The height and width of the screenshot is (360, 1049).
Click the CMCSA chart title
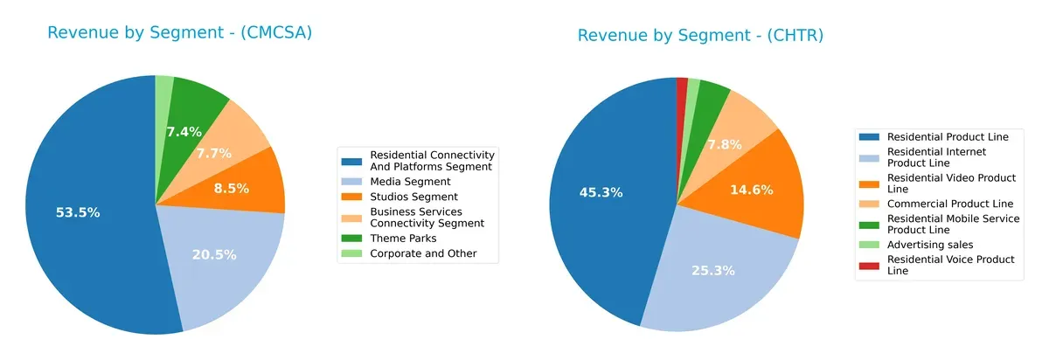179,33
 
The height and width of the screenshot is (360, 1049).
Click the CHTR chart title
700,36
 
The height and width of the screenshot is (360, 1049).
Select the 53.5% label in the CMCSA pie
77,212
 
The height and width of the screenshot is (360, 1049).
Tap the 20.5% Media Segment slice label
214,254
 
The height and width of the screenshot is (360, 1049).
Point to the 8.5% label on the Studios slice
231,188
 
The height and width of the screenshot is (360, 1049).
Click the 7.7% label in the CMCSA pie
212,153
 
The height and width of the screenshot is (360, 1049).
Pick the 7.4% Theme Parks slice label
184,132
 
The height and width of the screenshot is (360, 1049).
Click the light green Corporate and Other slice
164,87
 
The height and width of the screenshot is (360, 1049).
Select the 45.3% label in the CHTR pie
601,192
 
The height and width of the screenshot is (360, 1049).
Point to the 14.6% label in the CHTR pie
754,188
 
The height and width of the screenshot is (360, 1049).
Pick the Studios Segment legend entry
413,197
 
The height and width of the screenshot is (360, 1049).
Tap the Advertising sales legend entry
929,245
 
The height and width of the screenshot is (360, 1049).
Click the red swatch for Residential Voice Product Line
871,260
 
